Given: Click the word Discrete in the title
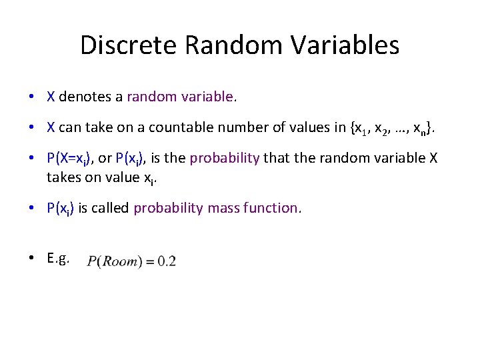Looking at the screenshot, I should pos(129,45).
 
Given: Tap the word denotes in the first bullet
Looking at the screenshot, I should pos(85,97).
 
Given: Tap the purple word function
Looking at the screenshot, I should pos(273,208).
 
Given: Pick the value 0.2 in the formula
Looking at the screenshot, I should pos(166,261).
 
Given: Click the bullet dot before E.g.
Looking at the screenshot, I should pos(32,259).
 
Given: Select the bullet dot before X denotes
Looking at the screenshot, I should pos(32,97).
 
